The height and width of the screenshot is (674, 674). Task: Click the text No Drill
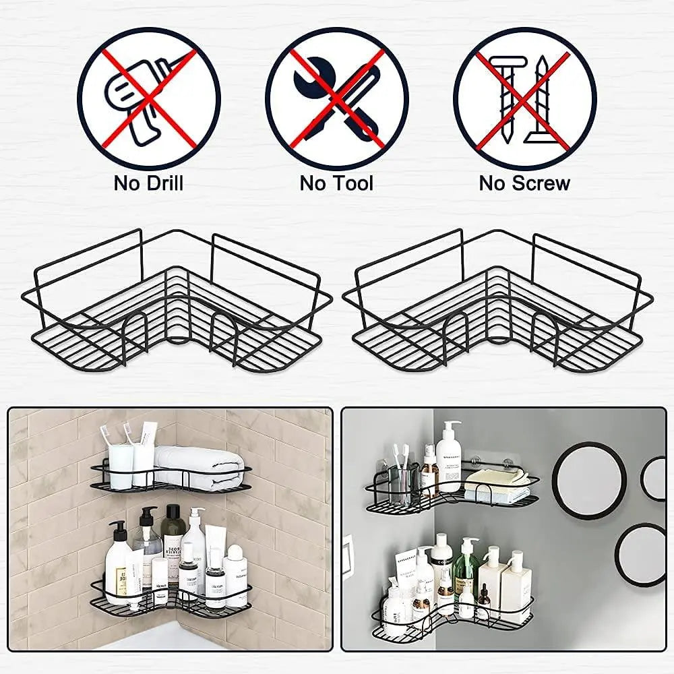[148, 183]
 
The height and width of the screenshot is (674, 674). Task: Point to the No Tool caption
[336, 183]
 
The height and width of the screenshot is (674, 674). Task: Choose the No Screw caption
[524, 183]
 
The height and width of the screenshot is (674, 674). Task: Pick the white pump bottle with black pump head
[119, 559]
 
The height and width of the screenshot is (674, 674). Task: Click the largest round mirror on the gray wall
[589, 480]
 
